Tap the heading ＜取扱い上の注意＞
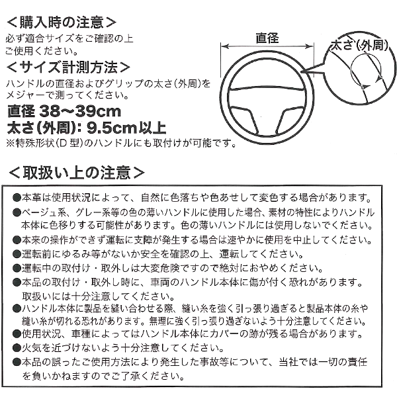(x=76, y=173)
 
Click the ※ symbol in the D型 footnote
(x=10, y=142)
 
